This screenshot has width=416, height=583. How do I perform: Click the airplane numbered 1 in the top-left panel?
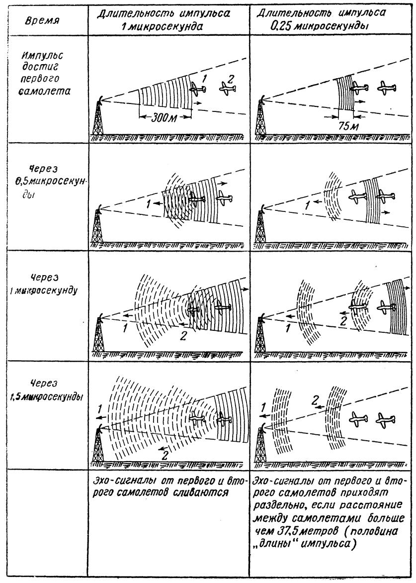point(199,90)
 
